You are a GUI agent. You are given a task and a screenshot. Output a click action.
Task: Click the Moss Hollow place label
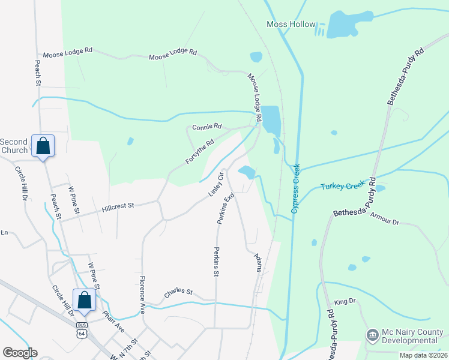click(x=291, y=25)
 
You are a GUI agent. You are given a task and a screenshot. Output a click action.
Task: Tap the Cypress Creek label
click(x=295, y=188)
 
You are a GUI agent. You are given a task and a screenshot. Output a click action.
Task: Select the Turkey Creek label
click(x=343, y=186)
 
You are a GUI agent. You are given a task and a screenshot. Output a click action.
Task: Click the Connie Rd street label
click(x=207, y=127)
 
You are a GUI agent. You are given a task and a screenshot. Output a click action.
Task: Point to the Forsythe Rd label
click(x=200, y=152)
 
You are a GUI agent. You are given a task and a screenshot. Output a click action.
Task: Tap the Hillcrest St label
click(x=117, y=205)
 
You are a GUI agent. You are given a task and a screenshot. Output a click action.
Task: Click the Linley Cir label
click(x=216, y=184)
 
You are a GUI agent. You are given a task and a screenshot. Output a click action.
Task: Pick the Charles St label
click(x=178, y=292)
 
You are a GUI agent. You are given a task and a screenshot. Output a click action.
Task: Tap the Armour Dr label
click(x=384, y=218)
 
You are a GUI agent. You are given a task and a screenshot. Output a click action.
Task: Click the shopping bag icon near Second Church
click(x=43, y=145)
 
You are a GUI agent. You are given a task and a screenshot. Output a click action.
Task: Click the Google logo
click(x=20, y=353)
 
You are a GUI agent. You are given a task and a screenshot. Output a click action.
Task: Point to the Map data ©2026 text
click(x=423, y=355)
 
